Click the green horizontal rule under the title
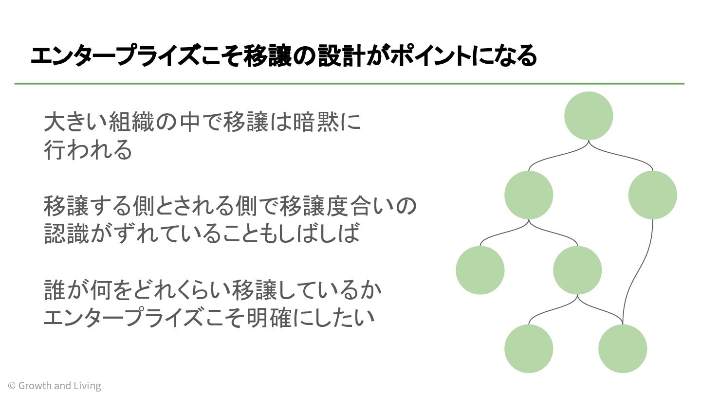349,84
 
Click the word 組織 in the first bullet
131,122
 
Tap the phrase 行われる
88,149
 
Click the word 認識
67,233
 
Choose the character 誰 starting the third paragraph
55,290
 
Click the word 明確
270,317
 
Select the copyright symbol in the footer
11,386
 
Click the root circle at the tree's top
589,116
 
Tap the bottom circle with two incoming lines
623,349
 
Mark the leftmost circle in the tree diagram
480,270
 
